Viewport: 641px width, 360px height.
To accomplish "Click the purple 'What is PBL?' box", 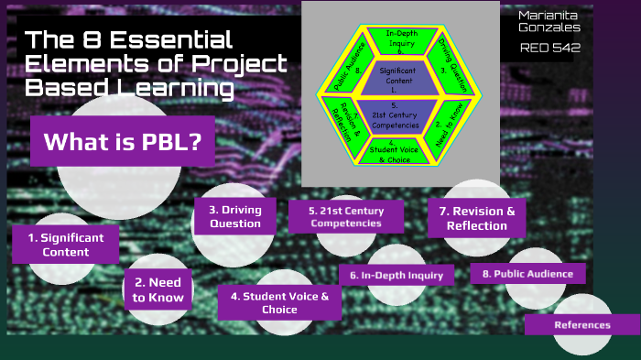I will (123, 141).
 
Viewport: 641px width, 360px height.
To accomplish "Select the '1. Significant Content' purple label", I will (65, 245).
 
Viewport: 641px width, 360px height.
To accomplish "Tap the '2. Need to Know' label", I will (158, 289).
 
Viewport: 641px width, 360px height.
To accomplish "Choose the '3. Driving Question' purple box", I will (234, 217).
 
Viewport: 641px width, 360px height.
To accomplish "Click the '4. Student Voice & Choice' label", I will (278, 302).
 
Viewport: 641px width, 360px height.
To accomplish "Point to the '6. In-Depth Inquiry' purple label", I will (396, 275).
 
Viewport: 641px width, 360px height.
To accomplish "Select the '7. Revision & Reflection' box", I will (476, 218).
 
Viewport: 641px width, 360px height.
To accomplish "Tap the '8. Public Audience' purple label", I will (527, 273).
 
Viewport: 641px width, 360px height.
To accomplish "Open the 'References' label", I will (581, 324).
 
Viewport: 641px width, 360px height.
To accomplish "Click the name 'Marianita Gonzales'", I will (549, 22).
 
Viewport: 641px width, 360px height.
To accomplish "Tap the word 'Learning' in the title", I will (189, 88).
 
